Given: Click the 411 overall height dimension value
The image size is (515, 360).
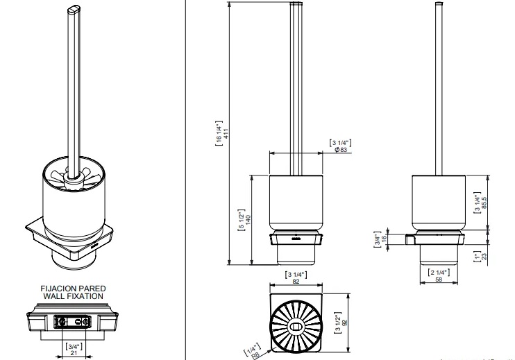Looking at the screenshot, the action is [226, 133].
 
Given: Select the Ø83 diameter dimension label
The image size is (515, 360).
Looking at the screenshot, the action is [341, 150].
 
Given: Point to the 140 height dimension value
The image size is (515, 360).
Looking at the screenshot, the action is [248, 220].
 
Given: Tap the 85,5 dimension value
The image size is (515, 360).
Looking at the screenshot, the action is [484, 203].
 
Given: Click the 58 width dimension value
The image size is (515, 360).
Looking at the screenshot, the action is [439, 280].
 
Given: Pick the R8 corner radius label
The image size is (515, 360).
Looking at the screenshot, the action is [255, 355].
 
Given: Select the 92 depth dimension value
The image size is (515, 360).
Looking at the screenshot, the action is [344, 323].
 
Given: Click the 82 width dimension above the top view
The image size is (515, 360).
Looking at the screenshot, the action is [296, 281].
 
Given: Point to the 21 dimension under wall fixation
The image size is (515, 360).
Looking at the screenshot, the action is [74, 353].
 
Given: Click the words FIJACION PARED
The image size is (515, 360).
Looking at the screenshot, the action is [74, 289].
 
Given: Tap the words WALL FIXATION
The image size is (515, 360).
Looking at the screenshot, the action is [74, 296].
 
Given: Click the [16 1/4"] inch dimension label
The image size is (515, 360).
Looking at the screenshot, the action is [219, 133].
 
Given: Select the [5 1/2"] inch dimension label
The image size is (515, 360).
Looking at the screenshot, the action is [242, 220].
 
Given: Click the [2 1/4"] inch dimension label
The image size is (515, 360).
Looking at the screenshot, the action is [439, 273].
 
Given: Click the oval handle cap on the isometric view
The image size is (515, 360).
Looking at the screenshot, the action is [74, 10].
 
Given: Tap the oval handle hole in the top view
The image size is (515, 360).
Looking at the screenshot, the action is [296, 327].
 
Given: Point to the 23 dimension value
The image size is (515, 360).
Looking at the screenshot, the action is [484, 256].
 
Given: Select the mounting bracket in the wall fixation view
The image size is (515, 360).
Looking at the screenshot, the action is [72, 321].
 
